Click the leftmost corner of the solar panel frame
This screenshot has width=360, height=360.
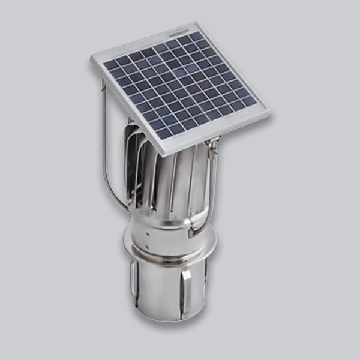point(92,58)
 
